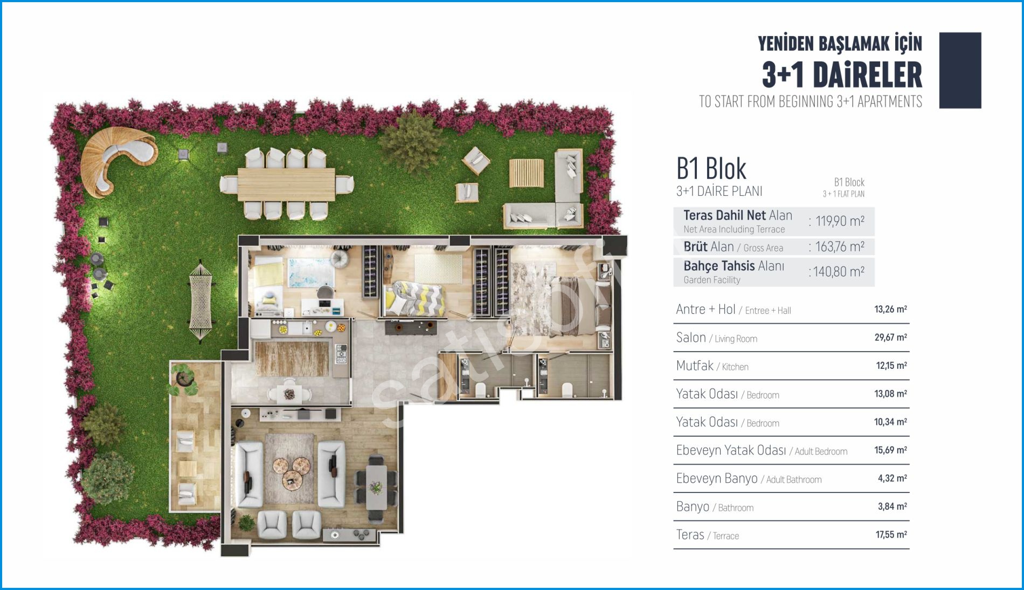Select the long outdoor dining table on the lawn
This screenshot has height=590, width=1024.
tap(286, 184)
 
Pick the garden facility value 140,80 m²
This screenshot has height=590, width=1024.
tap(839, 271)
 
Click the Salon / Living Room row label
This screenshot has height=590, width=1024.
tap(716, 338)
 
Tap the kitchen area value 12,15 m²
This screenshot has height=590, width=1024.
tap(891, 366)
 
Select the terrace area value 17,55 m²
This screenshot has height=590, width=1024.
tap(891, 534)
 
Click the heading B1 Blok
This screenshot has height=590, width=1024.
tap(711, 169)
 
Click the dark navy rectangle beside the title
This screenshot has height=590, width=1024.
tap(960, 70)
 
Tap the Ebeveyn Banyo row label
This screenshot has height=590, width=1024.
tap(749, 478)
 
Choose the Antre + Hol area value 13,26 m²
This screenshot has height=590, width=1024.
tap(890, 309)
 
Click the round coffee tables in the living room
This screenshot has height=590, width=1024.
tap(290, 471)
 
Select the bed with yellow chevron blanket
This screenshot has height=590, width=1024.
tap(413, 298)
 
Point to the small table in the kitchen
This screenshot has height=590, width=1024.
tap(290, 393)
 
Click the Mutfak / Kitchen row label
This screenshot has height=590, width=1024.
tap(712, 366)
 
